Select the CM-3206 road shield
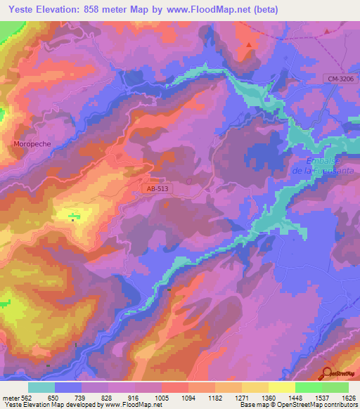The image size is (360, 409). [x=340, y=80]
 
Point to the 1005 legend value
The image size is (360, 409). [x=162, y=397]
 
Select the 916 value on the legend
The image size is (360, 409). [x=135, y=397]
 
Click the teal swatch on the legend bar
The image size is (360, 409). [x=41, y=387]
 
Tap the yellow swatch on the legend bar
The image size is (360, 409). [x=282, y=387]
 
